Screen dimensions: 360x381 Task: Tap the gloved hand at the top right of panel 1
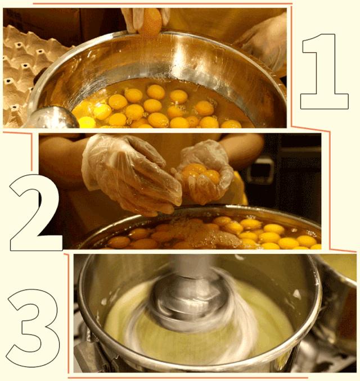click(x=263, y=42)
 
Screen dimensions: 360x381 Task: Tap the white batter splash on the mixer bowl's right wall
click(x=297, y=294)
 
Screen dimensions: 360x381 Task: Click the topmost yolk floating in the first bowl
click(x=156, y=92)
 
